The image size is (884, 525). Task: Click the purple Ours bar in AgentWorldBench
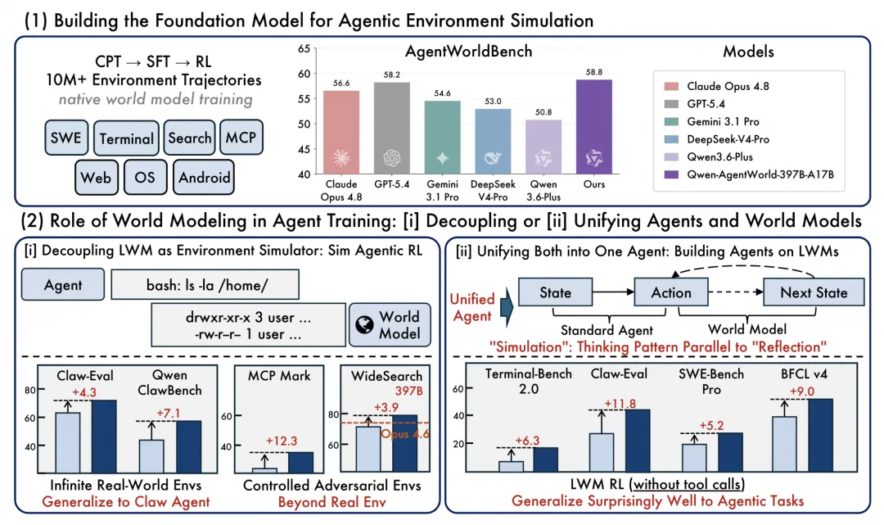coord(593,127)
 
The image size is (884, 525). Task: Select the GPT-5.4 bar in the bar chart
coord(392,129)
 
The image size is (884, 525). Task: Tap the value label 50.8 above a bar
coord(543,112)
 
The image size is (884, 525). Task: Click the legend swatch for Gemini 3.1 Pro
coord(671,122)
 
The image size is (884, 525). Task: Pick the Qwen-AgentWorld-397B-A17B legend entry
coord(749,174)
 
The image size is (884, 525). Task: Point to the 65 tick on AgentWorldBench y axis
coord(304,48)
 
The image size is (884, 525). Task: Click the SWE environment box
coord(66,138)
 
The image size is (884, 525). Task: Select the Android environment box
coord(204,178)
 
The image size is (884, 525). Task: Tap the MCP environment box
coord(241,137)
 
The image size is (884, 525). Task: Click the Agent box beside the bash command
coord(62,285)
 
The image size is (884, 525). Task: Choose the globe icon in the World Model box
coord(364,325)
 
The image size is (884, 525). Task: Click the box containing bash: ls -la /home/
coord(205,285)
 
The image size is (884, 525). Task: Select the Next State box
coord(814,292)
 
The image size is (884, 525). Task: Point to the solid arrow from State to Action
coord(613,292)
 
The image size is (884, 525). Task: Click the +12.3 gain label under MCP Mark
coord(281,441)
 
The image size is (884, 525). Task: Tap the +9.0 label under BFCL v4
coord(801,391)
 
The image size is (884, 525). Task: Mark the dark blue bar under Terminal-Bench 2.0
coord(545,459)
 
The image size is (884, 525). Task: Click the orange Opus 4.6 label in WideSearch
coord(405,433)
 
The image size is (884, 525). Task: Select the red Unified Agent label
coord(472,307)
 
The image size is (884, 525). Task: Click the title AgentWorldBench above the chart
coord(468,52)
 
